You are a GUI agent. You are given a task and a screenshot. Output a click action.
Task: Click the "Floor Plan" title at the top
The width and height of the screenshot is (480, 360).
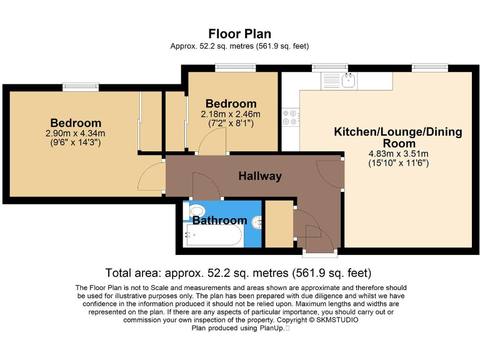click(x=240, y=34)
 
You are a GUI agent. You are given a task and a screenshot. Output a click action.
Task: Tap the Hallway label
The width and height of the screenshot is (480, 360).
click(x=260, y=176)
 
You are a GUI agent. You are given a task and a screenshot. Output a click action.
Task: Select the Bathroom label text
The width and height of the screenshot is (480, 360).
click(x=220, y=220)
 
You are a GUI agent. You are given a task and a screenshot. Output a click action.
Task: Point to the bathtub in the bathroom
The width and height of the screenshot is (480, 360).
click(x=213, y=235)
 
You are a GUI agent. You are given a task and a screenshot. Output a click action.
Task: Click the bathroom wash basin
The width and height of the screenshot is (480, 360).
click(x=257, y=222)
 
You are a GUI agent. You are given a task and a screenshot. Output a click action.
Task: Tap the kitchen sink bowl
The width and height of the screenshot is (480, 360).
click(x=348, y=81)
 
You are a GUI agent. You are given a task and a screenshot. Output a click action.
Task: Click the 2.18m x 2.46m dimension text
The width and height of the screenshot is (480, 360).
click(x=231, y=114)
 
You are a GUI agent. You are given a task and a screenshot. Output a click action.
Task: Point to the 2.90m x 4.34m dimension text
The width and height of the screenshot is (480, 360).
click(x=75, y=134)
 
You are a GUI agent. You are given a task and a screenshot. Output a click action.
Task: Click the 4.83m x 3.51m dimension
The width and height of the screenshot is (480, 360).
click(x=399, y=154)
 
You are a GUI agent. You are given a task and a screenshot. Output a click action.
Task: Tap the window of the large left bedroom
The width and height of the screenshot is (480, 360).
click(x=81, y=87)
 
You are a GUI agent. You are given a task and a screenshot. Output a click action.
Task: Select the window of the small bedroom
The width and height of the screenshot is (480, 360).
click(x=235, y=67)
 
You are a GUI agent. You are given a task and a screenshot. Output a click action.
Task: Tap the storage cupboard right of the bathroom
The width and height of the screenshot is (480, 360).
click(x=279, y=224)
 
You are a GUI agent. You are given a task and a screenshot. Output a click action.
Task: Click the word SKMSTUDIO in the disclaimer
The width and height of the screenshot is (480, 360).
click(x=337, y=320)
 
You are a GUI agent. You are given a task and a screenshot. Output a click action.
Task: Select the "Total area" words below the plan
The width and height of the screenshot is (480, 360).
click(x=134, y=272)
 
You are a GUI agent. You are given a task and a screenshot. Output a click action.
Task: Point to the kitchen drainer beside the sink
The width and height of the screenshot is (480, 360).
click(x=331, y=81)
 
